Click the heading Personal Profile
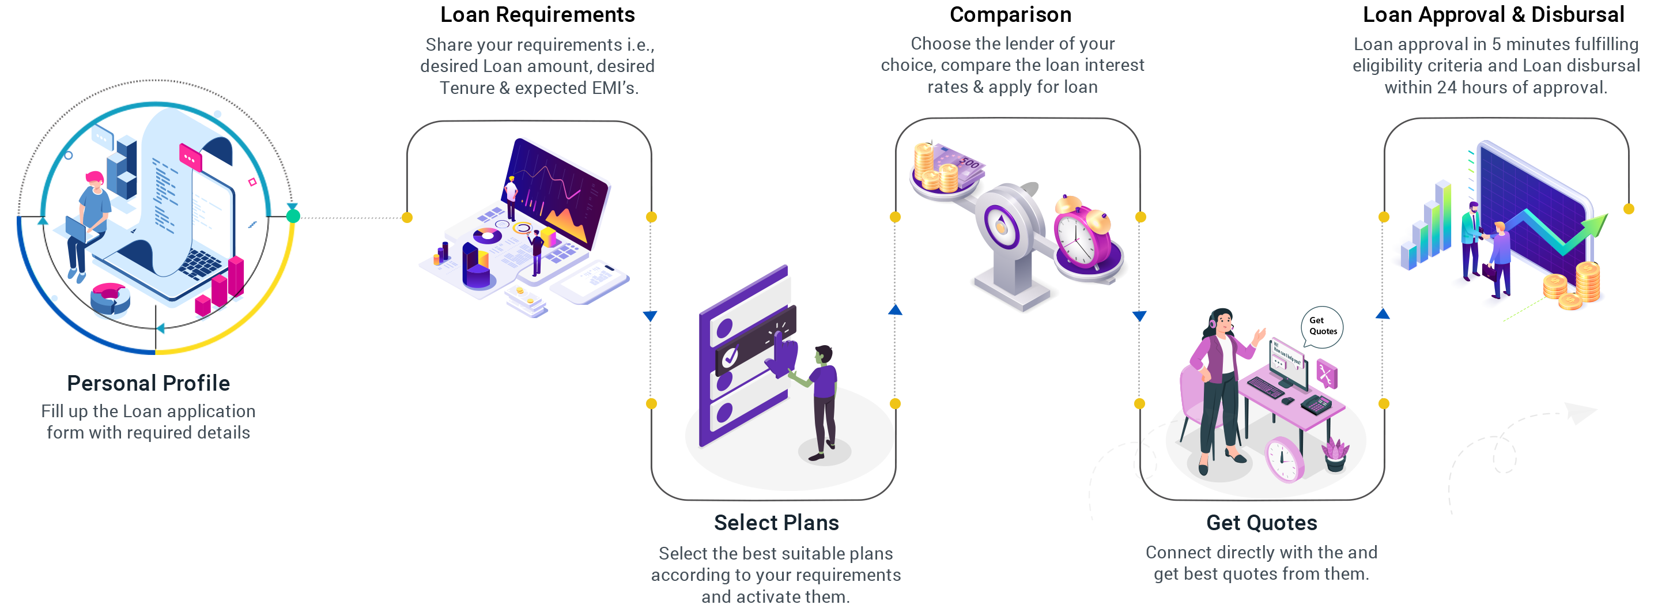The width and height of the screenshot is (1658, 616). coord(149,384)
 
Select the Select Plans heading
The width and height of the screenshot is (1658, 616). coord(776,523)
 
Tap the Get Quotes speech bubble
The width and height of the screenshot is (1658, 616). coord(1322,326)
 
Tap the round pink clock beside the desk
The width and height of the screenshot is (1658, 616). coord(1284,459)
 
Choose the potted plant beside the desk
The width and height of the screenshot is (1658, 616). coord(1335,454)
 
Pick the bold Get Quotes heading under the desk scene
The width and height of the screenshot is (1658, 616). coord(1262,523)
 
